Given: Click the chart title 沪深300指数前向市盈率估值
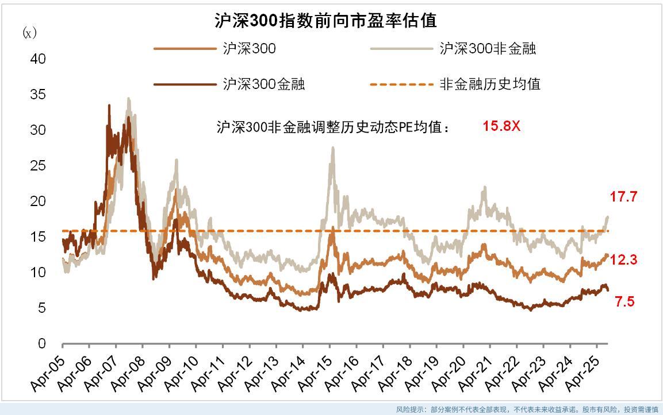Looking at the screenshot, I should coord(325,21).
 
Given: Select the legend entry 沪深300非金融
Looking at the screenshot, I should coord(488,49).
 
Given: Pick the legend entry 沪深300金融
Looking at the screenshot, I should coord(264,84).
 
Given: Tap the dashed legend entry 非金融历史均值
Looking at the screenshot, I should coord(490,84).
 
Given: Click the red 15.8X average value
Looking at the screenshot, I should coord(501,126).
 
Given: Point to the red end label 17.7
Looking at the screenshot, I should coord(624,197).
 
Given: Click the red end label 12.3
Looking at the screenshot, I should coord(624,260).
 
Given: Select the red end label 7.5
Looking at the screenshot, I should coord(624,301).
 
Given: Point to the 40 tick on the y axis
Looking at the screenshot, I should coord(37,59).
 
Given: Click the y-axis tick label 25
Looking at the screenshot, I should coord(37,166).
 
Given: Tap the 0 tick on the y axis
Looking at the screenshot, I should coord(41,344).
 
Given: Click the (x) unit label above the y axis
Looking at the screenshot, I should coord(29,33).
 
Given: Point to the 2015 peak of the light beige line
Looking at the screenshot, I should coord(332,148).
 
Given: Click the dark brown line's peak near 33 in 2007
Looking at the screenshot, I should coord(109,105).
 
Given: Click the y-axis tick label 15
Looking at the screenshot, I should coord(37,237).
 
